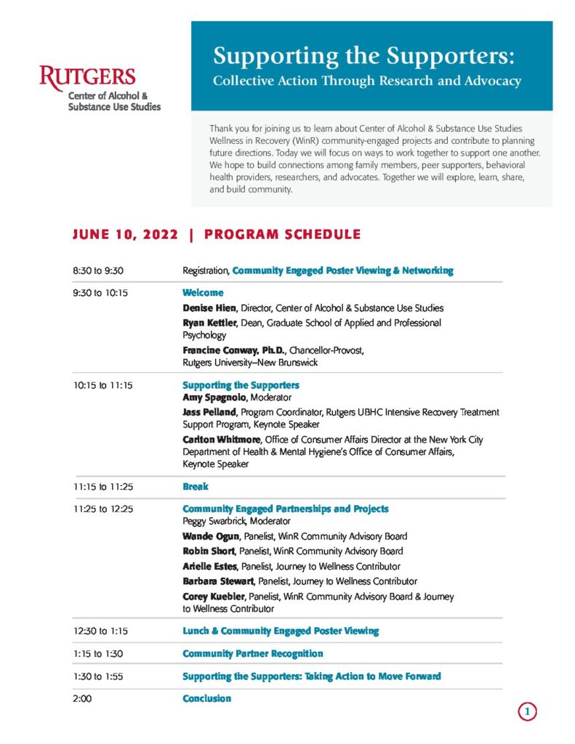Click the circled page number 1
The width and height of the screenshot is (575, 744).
528,712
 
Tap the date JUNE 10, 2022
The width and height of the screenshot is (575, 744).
124,235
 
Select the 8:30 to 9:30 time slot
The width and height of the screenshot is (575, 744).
97,271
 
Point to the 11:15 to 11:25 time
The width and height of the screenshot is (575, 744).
102,487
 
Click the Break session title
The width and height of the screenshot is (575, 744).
195,487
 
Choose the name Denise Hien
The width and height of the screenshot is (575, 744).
209,308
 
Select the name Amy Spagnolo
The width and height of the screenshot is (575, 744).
214,398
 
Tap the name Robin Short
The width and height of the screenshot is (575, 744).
209,551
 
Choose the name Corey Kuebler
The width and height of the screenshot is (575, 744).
214,597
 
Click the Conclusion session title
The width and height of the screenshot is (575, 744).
206,699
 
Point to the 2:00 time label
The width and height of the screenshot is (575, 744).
83,699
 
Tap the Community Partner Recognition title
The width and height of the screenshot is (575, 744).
252,654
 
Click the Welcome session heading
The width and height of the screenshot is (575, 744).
203,293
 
